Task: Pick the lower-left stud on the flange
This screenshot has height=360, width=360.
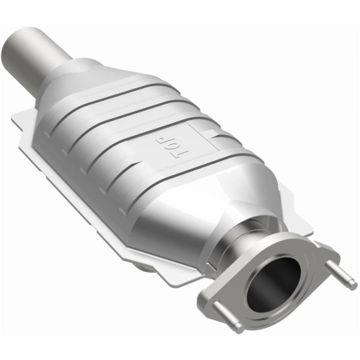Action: tap(228, 318)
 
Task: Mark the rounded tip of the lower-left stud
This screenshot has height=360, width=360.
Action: tap(239, 328)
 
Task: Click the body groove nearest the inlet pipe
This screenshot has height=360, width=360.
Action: tap(114, 90)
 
